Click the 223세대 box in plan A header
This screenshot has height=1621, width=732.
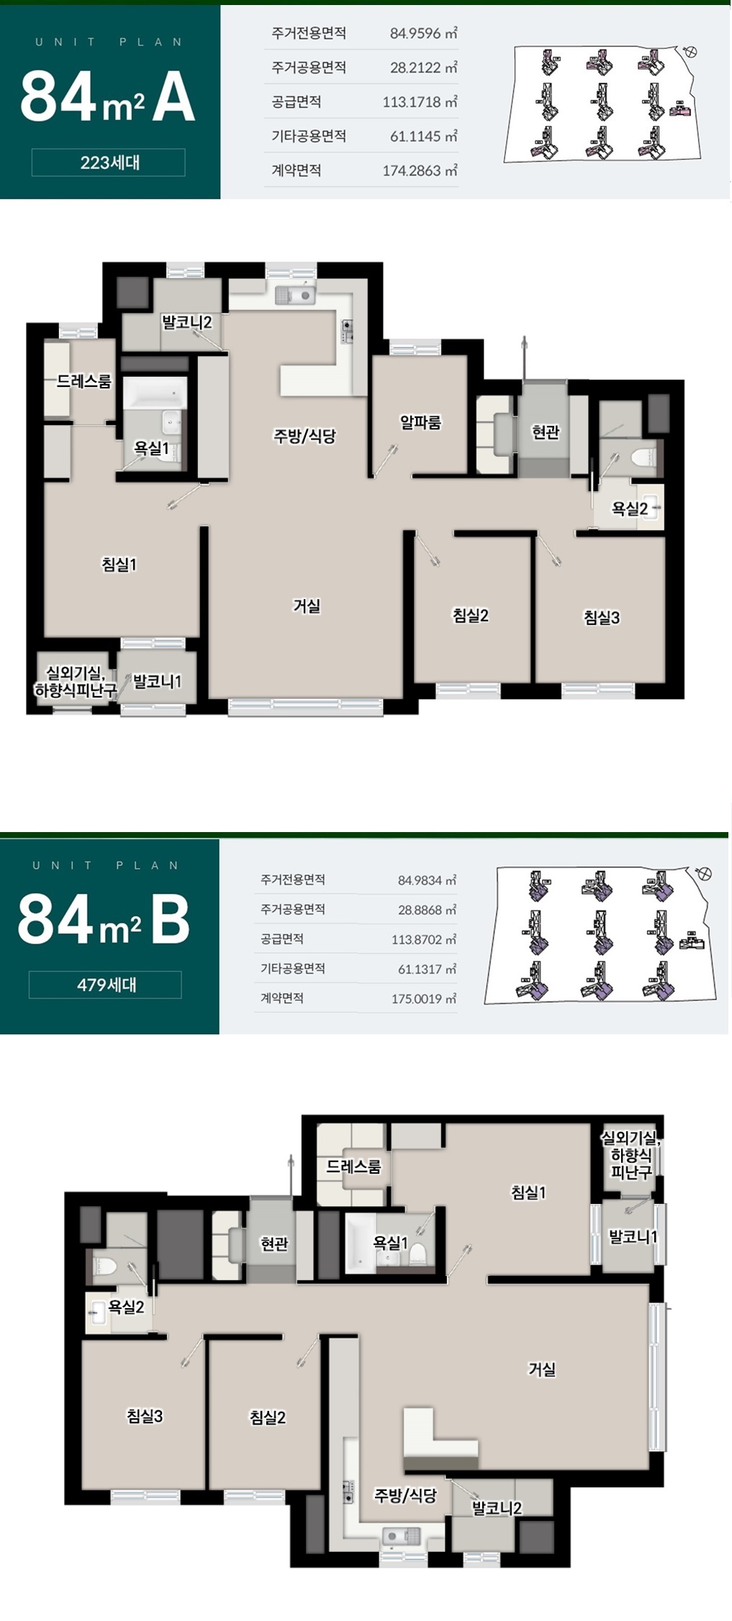(x=108, y=163)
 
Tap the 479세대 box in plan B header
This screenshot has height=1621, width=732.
(x=105, y=985)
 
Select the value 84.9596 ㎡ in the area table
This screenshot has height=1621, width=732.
(x=423, y=33)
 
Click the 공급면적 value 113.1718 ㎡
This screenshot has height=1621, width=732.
(x=420, y=102)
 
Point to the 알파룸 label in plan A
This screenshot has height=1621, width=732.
(x=421, y=422)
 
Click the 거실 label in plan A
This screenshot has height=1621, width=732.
(x=307, y=606)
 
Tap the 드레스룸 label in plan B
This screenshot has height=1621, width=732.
(x=353, y=1166)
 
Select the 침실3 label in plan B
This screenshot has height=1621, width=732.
(x=145, y=1416)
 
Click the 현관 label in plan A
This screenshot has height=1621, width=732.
(x=546, y=432)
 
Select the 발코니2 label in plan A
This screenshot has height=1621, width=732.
(x=186, y=322)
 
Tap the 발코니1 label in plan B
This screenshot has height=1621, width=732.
(x=633, y=1237)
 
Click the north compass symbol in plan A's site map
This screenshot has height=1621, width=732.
(x=691, y=51)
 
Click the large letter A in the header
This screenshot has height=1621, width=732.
(x=173, y=96)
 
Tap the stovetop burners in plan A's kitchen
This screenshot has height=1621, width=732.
(x=348, y=331)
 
